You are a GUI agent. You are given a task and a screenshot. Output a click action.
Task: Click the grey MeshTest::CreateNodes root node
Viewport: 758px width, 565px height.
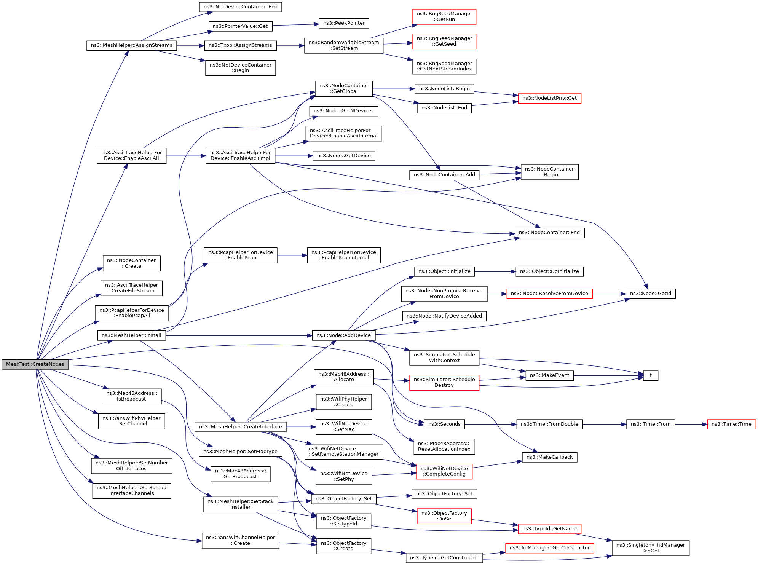click(x=35, y=364)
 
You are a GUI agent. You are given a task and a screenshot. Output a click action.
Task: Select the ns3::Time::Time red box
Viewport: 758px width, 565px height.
click(x=731, y=424)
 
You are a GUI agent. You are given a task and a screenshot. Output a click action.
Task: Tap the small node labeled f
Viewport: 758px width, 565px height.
click(x=650, y=375)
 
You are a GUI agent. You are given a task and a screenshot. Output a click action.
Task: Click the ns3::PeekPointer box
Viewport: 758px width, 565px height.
click(x=344, y=23)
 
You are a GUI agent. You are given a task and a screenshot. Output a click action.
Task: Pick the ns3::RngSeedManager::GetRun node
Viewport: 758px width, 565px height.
click(x=444, y=17)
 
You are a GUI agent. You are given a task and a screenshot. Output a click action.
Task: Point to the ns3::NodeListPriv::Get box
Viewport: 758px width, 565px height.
click(x=549, y=98)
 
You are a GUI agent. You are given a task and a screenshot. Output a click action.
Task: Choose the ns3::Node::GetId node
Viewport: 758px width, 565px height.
click(x=650, y=294)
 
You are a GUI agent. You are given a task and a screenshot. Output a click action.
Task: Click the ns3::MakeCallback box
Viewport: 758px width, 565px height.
click(x=549, y=457)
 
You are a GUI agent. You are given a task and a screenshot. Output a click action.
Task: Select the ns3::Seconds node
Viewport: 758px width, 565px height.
click(x=444, y=424)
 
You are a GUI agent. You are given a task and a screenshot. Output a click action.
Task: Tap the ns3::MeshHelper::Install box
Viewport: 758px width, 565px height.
click(x=131, y=335)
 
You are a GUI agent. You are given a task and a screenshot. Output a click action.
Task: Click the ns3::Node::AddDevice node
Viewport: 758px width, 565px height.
click(x=344, y=335)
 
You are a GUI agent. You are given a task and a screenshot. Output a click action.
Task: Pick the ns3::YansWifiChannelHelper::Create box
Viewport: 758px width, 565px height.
click(x=240, y=540)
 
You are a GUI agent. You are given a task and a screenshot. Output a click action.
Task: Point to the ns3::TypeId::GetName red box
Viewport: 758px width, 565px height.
click(x=549, y=529)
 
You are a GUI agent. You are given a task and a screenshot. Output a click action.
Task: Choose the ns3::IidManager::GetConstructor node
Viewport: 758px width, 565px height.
click(x=549, y=548)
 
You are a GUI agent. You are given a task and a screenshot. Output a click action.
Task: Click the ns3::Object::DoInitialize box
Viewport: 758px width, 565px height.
click(x=549, y=271)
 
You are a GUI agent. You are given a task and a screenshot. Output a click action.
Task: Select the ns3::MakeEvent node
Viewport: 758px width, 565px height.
click(x=549, y=375)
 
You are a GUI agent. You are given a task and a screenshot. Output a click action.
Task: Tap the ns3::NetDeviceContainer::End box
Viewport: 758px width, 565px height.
click(x=240, y=7)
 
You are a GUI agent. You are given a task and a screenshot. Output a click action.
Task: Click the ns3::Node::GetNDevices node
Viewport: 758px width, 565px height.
click(x=344, y=111)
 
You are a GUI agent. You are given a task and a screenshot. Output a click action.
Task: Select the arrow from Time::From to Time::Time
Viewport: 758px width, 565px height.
click(x=691, y=424)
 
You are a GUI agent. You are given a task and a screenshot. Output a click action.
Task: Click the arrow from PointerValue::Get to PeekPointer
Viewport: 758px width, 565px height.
click(x=295, y=25)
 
